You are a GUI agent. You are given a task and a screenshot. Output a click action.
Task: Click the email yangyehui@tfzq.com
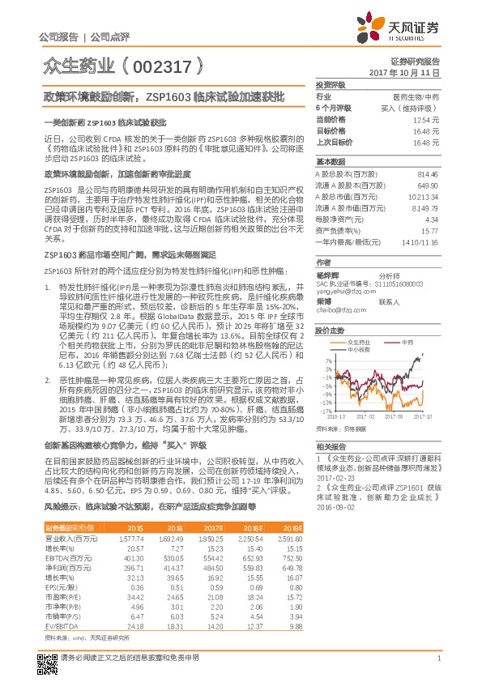[x=341, y=292]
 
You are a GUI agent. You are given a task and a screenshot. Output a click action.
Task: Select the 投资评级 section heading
[x=331, y=84]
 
